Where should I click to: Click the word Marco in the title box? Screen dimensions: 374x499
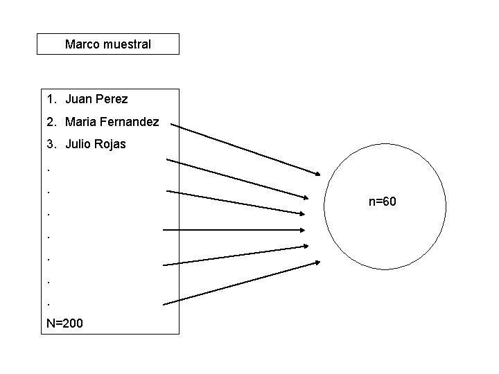click(81, 44)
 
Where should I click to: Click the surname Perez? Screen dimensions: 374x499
click(111, 99)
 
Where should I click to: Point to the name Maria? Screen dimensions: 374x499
click(81, 122)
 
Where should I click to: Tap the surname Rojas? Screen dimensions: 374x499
click(110, 145)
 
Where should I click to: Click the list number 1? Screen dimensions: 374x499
click(50, 99)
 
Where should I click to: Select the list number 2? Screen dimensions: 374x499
click(50, 122)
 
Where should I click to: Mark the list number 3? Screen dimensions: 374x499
click(50, 145)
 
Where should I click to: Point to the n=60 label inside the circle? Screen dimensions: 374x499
click(382, 202)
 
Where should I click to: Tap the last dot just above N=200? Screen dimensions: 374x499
click(48, 303)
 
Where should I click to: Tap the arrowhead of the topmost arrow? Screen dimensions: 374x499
click(317, 172)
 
